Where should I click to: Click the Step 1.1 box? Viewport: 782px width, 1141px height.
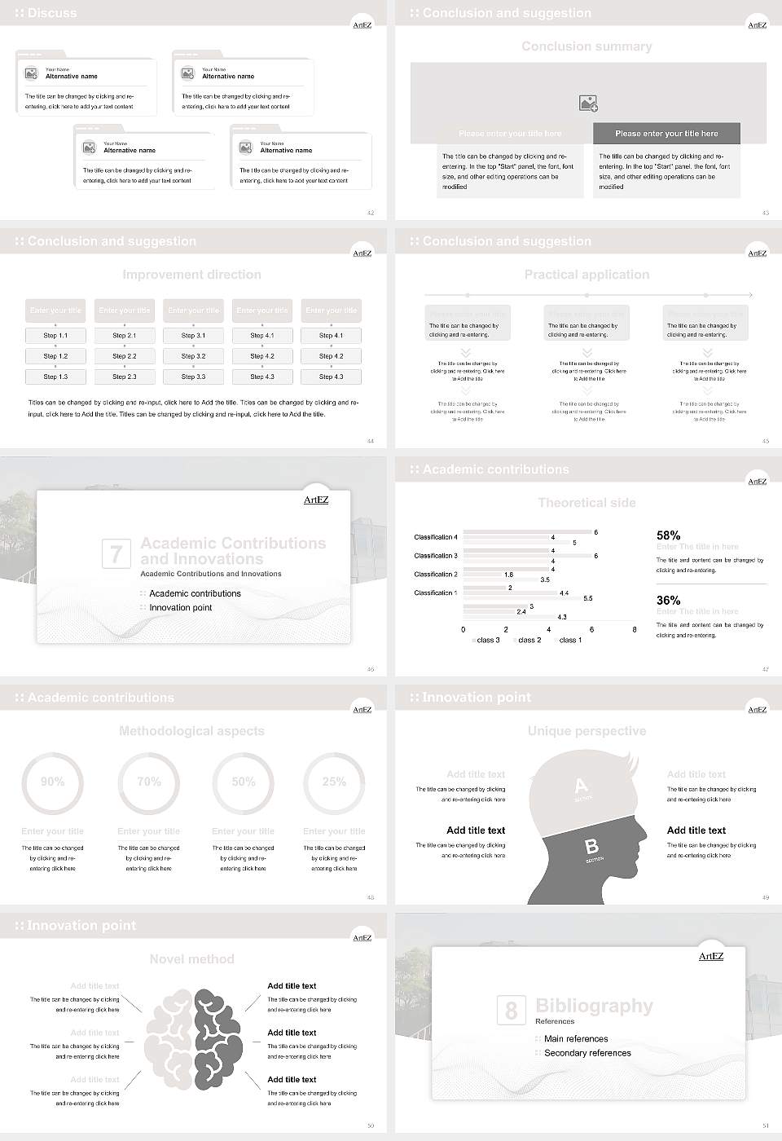click(x=55, y=336)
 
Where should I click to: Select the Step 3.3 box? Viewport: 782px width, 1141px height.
click(x=193, y=377)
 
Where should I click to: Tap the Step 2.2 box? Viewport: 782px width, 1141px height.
click(x=125, y=356)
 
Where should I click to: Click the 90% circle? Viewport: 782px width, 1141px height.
click(x=53, y=782)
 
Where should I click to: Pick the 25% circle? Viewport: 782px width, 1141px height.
click(x=334, y=782)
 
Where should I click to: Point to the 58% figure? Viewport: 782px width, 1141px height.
click(x=668, y=535)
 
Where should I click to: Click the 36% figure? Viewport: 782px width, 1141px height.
click(x=668, y=601)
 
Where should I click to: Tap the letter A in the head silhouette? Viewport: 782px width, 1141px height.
click(x=581, y=786)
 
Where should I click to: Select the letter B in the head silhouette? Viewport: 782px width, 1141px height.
click(x=592, y=848)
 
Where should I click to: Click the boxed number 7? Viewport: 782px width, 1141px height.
click(x=116, y=554)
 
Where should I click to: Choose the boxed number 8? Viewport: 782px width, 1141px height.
click(x=511, y=1011)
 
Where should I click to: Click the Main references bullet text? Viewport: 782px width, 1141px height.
click(x=576, y=1039)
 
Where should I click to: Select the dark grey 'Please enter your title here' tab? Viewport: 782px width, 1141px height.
click(x=666, y=134)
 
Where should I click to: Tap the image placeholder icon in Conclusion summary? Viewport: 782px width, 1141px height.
click(x=588, y=104)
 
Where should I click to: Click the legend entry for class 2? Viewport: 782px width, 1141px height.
click(x=529, y=641)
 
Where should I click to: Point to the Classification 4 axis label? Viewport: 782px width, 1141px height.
click(x=436, y=537)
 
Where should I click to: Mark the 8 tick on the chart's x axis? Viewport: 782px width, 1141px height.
click(x=635, y=629)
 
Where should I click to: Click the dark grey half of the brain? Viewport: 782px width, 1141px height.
click(x=217, y=1037)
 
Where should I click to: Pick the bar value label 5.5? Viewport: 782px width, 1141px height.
click(x=588, y=599)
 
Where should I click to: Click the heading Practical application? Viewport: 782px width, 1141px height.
click(x=586, y=275)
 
